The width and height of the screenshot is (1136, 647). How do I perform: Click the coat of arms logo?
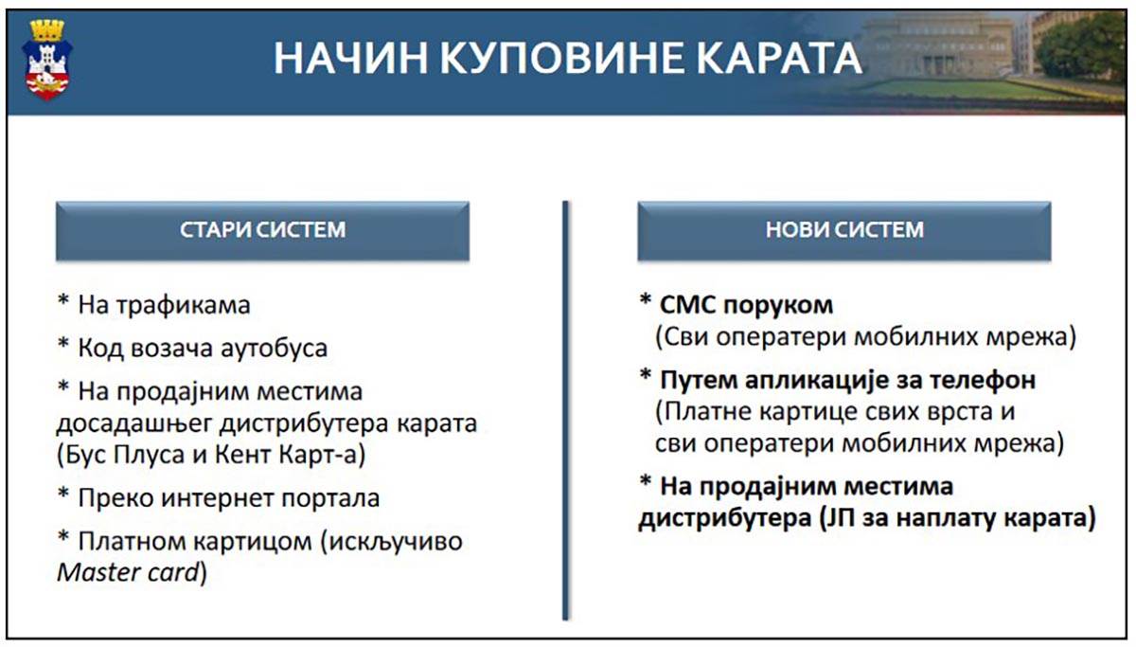pyautogui.click(x=47, y=60)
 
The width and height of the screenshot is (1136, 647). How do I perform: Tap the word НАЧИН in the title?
pyautogui.click(x=351, y=59)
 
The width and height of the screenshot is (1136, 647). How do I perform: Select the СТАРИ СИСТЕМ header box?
pyautogui.click(x=262, y=231)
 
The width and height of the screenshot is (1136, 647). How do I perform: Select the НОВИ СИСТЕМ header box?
pyautogui.click(x=843, y=231)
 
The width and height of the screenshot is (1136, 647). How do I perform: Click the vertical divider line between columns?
pyautogui.click(x=565, y=410)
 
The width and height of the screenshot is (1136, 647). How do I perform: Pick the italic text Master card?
pyautogui.click(x=129, y=573)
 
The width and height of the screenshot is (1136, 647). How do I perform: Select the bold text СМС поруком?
pyautogui.click(x=746, y=305)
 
